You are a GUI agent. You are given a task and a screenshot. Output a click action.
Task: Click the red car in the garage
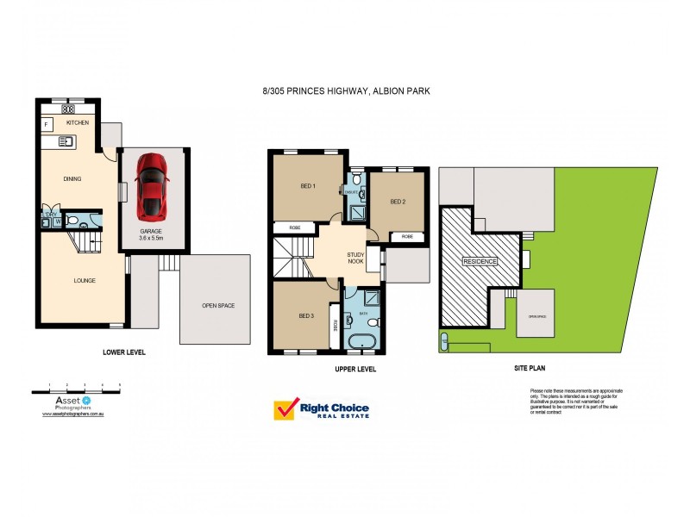[x=152, y=185]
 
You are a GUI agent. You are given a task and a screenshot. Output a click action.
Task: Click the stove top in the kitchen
[x=66, y=110]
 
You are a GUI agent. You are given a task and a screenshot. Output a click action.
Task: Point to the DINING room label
[x=72, y=179]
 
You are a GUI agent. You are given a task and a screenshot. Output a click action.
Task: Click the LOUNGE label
[x=84, y=280]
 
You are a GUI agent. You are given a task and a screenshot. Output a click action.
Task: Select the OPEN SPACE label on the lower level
[x=218, y=305]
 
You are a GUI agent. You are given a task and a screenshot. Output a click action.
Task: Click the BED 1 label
[x=308, y=187]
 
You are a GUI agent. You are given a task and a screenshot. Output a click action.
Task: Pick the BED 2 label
[x=398, y=202]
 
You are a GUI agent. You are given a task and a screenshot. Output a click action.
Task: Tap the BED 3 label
[x=306, y=316]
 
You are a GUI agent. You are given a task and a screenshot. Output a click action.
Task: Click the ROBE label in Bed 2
[x=407, y=236]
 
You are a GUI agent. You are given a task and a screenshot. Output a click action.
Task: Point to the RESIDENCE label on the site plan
[x=480, y=261]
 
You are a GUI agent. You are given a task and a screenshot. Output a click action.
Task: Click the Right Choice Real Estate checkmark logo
[x=285, y=410]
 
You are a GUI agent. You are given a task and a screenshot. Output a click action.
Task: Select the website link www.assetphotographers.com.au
[x=73, y=414]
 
